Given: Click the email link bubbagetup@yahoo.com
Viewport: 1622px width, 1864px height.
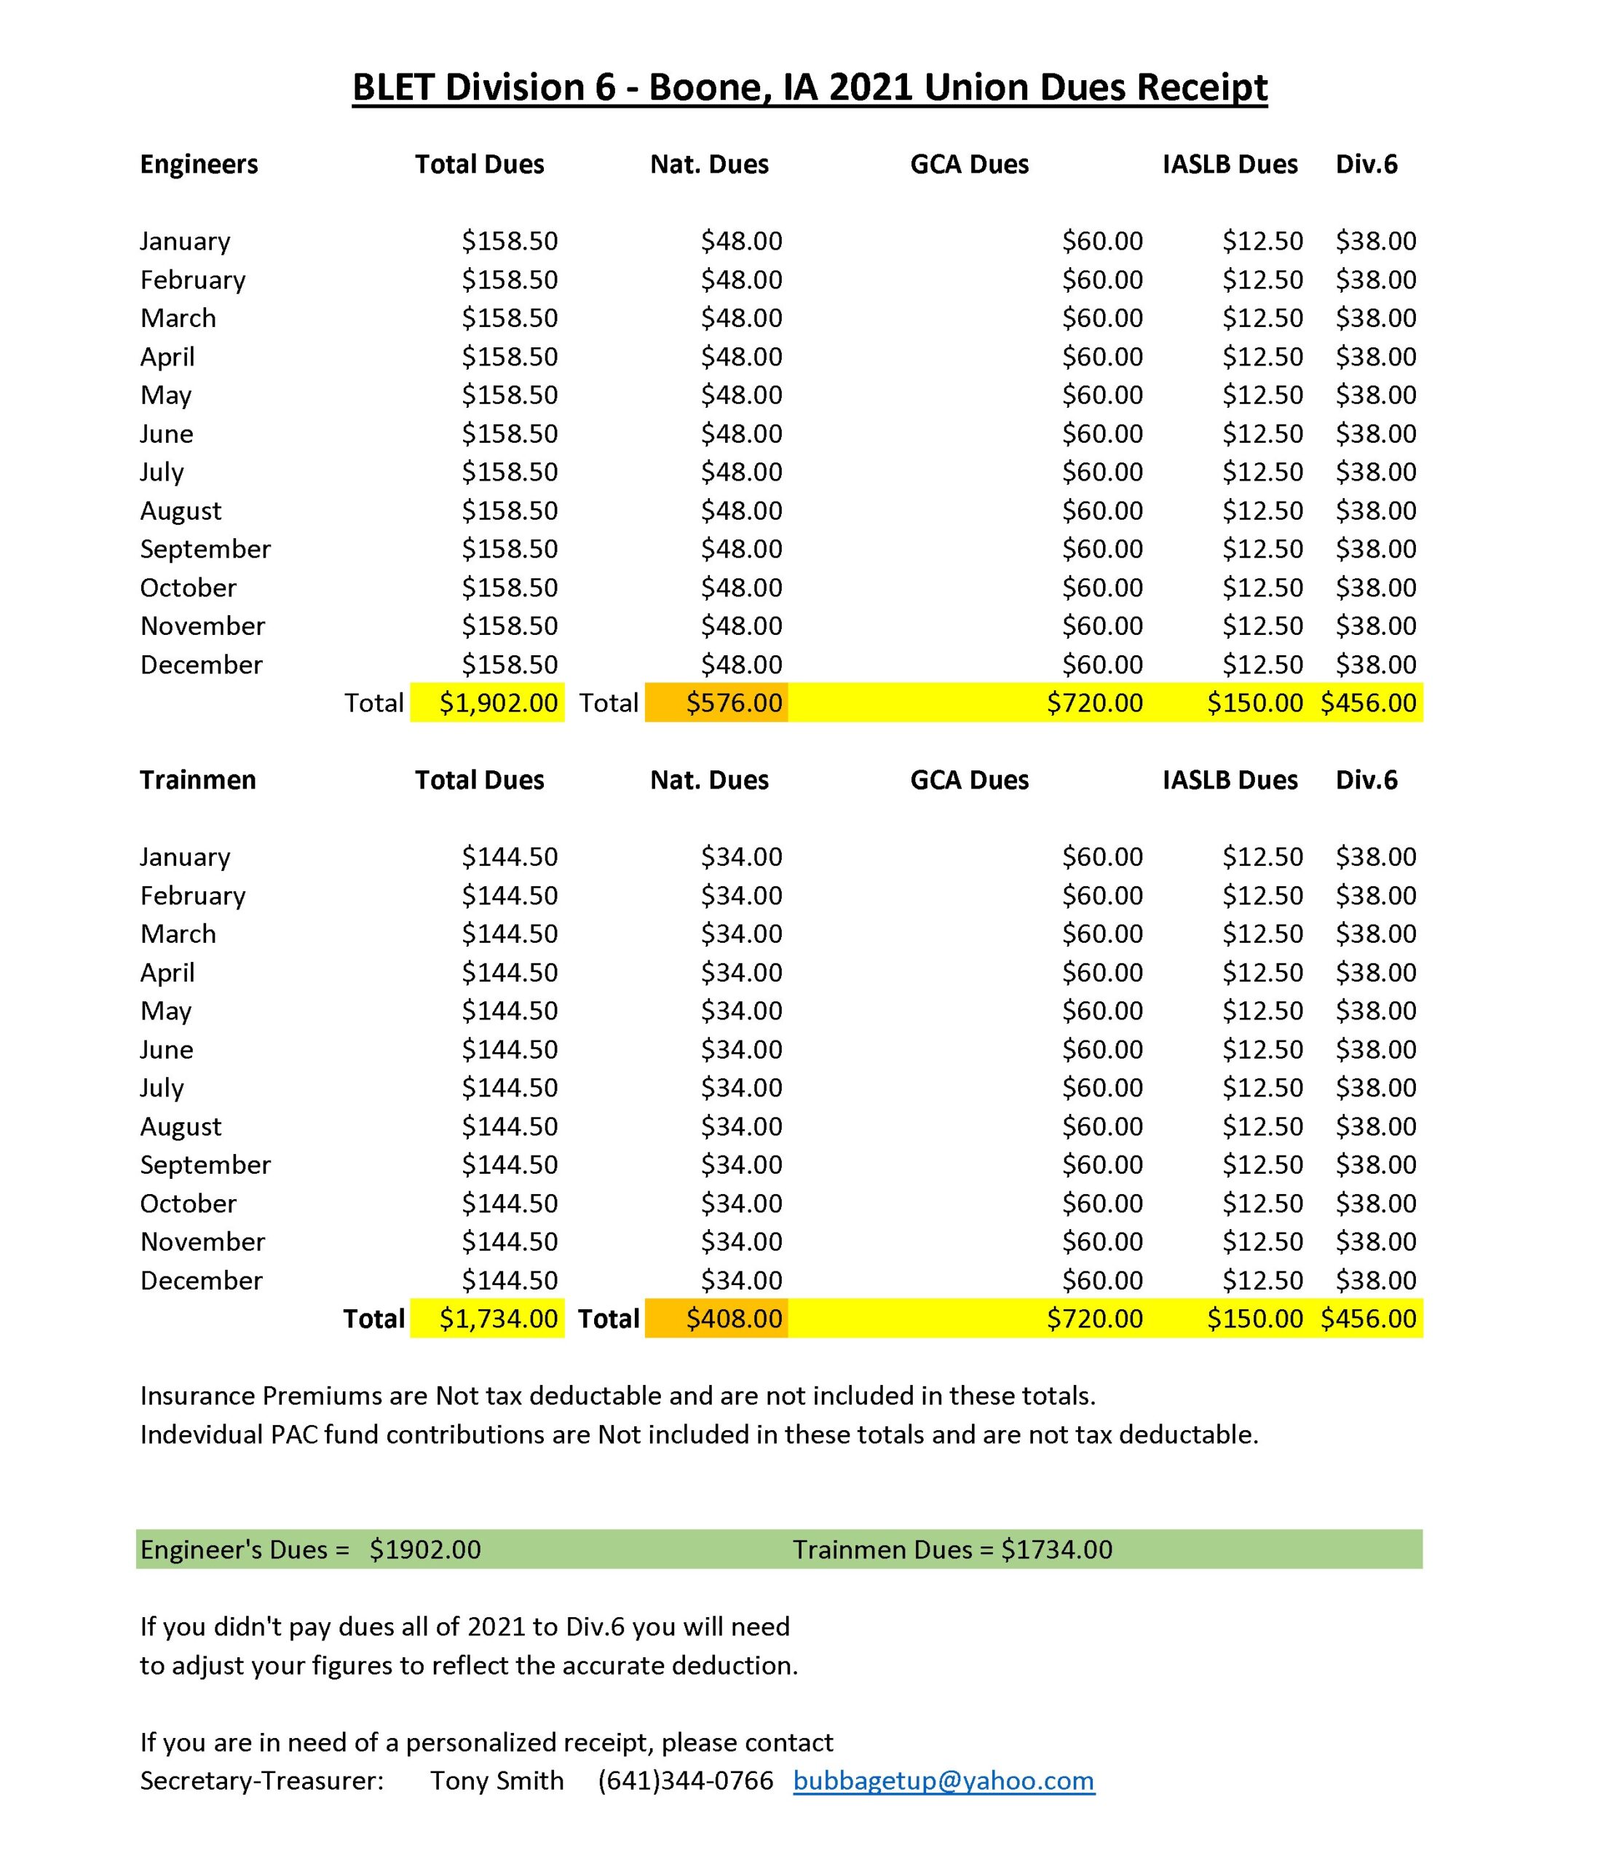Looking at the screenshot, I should pos(943,1781).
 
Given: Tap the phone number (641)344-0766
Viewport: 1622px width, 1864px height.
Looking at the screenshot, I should pos(685,1781).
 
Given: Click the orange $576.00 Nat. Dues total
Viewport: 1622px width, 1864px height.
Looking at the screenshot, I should pos(733,703).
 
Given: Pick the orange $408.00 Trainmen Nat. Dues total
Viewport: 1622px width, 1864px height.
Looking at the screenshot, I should pos(733,1318).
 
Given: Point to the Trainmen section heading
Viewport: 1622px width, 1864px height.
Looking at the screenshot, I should pos(197,780).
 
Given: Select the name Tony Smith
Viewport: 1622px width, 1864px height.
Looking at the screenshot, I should pos(497,1781).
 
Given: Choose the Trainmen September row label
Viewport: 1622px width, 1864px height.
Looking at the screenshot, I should pos(205,1164).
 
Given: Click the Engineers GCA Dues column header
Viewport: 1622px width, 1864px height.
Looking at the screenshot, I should pos(970,164).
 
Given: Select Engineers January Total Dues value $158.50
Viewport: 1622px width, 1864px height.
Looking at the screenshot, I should pos(510,241).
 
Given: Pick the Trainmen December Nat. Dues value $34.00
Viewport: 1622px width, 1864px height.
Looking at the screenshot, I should pos(741,1280).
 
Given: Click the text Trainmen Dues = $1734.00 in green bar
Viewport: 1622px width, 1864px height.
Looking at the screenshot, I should pos(952,1549).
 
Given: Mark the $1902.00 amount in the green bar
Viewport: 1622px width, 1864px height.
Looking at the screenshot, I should pos(424,1549).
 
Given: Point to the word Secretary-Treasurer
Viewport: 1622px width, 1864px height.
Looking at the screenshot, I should pos(261,1781).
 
